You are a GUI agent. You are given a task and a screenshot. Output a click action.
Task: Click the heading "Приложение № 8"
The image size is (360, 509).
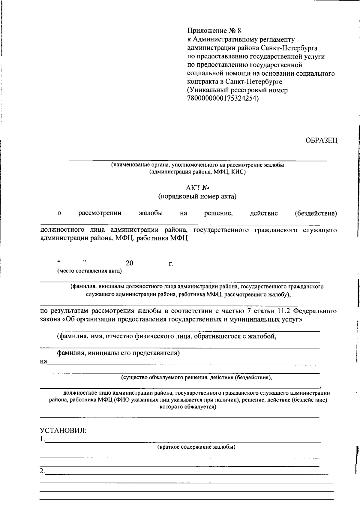[214, 31]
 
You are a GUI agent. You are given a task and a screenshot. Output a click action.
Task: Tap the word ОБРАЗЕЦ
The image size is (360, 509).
[321, 140]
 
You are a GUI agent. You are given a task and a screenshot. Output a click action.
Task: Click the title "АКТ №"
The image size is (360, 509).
[197, 188]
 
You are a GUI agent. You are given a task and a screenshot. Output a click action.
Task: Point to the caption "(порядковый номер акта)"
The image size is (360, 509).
[197, 197]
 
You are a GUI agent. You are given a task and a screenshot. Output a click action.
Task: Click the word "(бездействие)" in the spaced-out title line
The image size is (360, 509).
[316, 213]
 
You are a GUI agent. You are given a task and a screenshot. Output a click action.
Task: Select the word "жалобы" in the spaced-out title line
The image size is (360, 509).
[151, 213]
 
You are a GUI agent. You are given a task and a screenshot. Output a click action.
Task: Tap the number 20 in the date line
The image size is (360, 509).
[130, 263]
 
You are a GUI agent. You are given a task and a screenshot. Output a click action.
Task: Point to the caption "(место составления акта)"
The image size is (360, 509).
[90, 271]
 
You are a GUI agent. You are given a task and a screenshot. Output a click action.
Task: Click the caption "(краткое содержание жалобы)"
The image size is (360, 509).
[196, 447]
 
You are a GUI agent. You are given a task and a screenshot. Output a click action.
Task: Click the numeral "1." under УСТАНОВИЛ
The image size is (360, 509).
[42, 440]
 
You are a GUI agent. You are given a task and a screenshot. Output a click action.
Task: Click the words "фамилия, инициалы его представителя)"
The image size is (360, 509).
[118, 353]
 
